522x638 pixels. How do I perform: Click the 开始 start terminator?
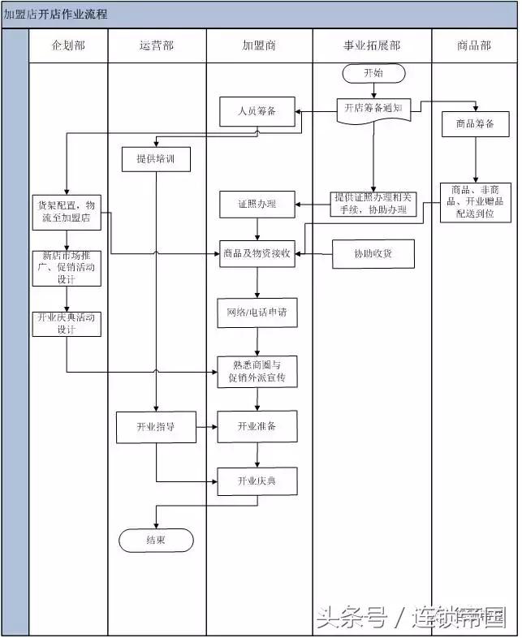[x=373, y=73]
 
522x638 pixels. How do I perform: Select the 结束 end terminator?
[x=156, y=540]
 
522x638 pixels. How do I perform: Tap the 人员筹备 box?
[x=257, y=111]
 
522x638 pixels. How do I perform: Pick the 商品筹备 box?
[x=475, y=124]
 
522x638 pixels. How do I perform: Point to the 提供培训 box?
[x=156, y=159]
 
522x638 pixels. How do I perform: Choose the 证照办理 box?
[x=257, y=204]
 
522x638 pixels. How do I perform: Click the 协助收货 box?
[x=373, y=254]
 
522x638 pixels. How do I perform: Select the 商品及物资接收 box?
[x=257, y=254]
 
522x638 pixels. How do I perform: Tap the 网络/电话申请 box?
[x=257, y=312]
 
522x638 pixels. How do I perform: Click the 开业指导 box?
[x=156, y=427]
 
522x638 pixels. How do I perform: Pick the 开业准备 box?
[x=257, y=427]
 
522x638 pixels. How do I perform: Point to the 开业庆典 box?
[x=257, y=481]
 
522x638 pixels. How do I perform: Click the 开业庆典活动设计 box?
[x=67, y=323]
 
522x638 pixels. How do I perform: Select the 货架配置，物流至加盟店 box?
[x=67, y=211]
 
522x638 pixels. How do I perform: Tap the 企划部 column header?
[x=68, y=46]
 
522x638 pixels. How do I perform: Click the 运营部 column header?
[x=156, y=46]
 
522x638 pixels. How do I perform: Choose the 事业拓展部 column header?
[x=372, y=46]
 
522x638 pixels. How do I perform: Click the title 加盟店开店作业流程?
[x=55, y=15]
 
